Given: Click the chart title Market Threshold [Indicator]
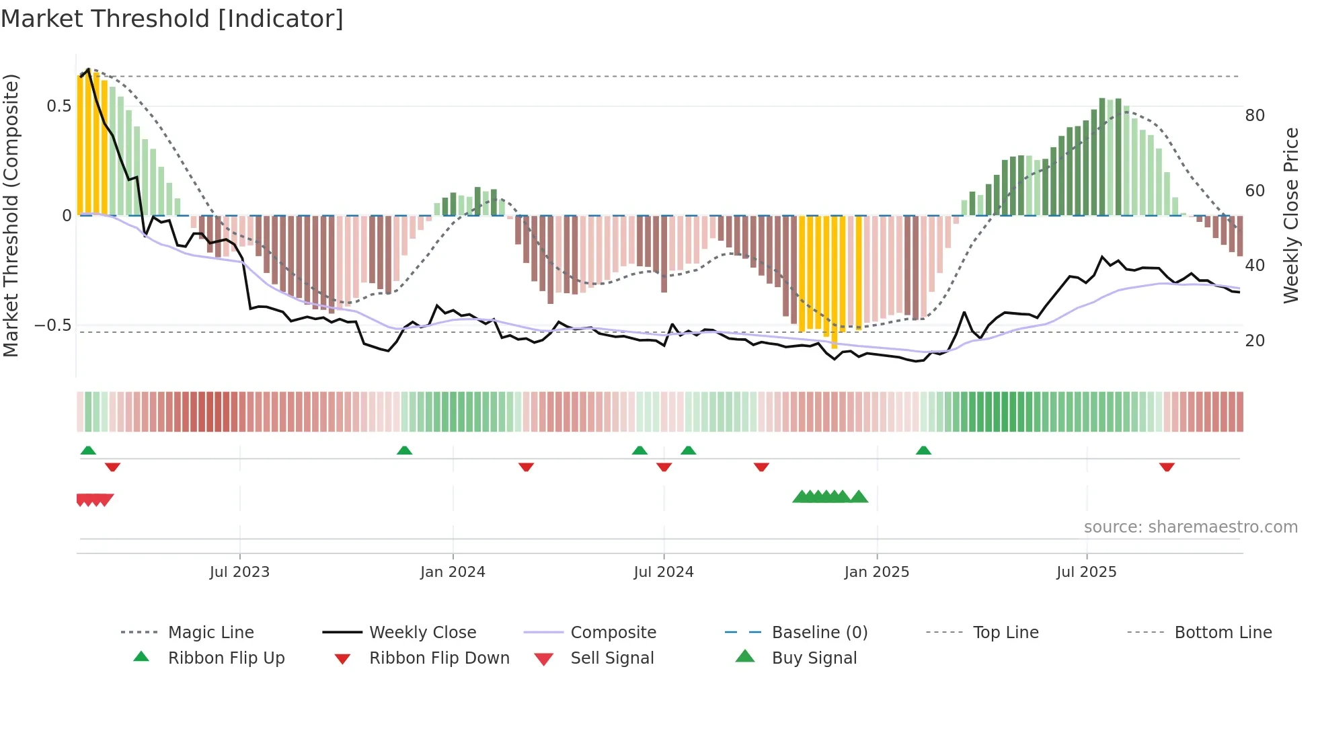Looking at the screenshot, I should tap(172, 19).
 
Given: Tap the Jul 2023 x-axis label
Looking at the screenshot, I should tap(239, 572).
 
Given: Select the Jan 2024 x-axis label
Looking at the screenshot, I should tap(453, 572).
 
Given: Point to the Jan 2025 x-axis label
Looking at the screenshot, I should tap(876, 572).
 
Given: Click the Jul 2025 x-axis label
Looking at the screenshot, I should tap(1086, 572).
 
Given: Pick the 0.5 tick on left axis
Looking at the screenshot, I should tap(59, 106).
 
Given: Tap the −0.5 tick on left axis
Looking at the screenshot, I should tap(53, 325).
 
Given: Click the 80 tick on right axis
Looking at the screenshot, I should tap(1255, 116).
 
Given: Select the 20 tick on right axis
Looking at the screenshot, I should tap(1255, 341).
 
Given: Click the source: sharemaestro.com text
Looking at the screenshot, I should tap(1190, 527).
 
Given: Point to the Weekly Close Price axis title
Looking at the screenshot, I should tap(1290, 215).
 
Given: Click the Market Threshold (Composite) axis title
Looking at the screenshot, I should tap(11, 215).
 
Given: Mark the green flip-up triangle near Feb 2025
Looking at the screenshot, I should tap(923, 451).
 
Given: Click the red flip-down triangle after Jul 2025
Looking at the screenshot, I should tap(1167, 467).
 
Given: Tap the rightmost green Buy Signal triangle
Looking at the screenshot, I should tap(859, 497).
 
